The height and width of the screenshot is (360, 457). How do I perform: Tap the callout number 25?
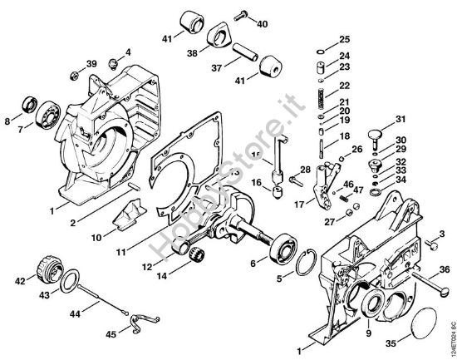pyautogui.click(x=345, y=40)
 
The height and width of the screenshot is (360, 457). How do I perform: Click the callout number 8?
pyautogui.click(x=7, y=122)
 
